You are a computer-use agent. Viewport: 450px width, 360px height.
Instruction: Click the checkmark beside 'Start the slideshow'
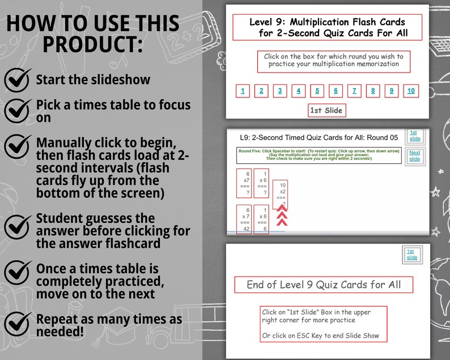[18, 80]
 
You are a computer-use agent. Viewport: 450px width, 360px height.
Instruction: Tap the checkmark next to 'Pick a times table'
[18, 110]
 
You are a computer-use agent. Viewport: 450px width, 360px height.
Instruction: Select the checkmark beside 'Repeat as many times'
[18, 324]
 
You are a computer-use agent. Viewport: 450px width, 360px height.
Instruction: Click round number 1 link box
[243, 91]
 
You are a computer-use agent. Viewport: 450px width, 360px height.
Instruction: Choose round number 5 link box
[317, 91]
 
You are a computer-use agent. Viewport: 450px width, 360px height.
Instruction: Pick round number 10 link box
[410, 91]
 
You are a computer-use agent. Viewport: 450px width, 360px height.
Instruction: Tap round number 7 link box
[354, 91]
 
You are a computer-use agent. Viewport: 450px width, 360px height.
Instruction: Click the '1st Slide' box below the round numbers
[326, 110]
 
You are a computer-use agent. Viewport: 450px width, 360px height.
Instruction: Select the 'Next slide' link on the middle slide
[415, 156]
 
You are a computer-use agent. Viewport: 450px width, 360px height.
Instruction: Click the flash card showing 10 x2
[283, 195]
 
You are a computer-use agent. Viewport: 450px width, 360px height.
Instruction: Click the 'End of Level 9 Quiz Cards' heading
[324, 285]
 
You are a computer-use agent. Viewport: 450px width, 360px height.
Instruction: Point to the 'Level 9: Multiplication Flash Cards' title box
[328, 28]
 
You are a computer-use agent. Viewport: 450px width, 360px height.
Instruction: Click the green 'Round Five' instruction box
[319, 155]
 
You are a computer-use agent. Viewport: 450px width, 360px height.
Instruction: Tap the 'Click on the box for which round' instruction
[333, 61]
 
